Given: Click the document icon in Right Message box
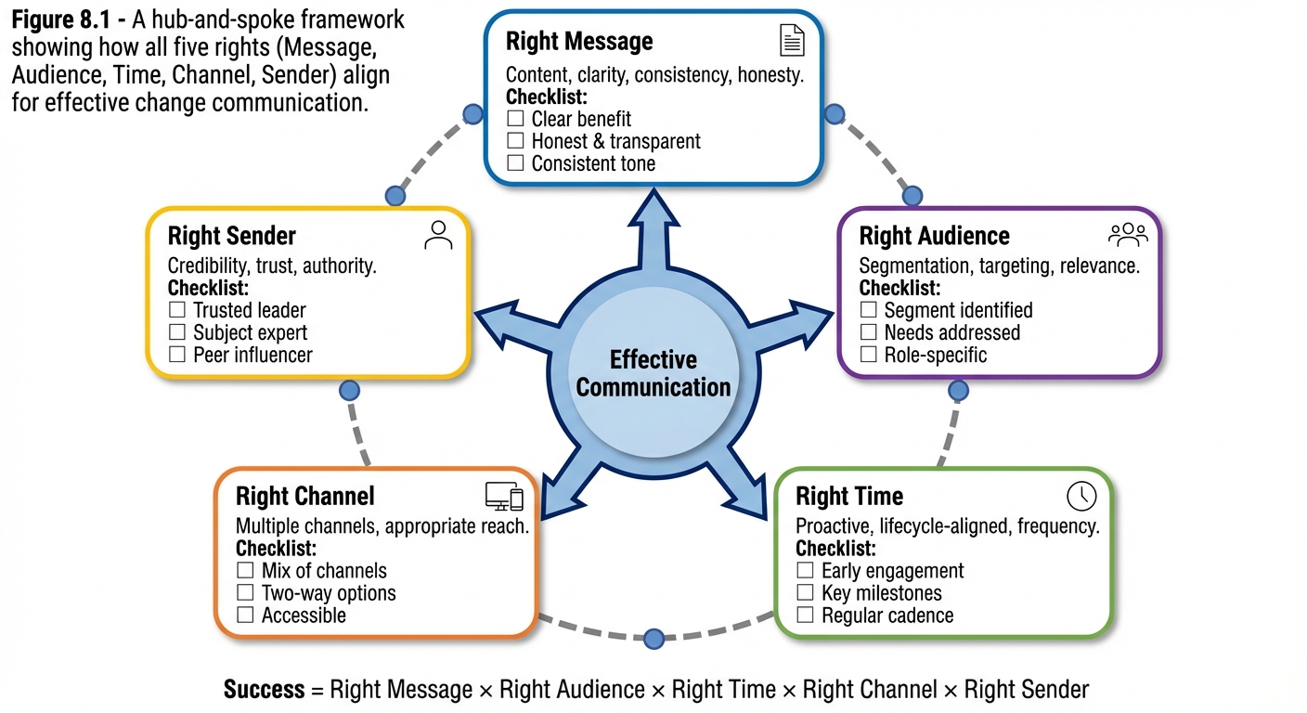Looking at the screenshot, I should pos(792,41).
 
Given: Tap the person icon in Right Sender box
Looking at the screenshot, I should pos(438,235).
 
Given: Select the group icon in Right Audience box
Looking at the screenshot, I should pos(1128,235).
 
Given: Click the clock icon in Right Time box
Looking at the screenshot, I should pos(1081,496).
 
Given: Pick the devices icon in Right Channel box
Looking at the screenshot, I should pos(504,497).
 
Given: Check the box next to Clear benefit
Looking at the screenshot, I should pos(516,119).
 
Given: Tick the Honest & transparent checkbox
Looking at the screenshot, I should pos(516,141).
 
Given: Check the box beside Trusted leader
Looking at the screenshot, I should pos(177,310).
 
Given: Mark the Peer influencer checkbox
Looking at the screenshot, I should pos(177,355).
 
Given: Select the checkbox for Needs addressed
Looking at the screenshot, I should pos(869,332).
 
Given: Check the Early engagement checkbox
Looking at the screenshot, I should pos(806,571).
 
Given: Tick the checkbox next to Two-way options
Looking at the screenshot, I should pos(246,593).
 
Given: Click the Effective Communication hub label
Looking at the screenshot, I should pos(653,373).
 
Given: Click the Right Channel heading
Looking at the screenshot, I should pos(304,496).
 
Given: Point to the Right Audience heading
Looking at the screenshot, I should pos(934,236).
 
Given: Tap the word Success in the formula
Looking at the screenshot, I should pos(264,690).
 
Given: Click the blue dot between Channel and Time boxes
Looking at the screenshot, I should pos(653,639).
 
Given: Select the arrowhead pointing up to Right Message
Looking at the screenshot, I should pos(653,209).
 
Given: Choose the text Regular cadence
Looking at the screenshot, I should pos(886,616).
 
